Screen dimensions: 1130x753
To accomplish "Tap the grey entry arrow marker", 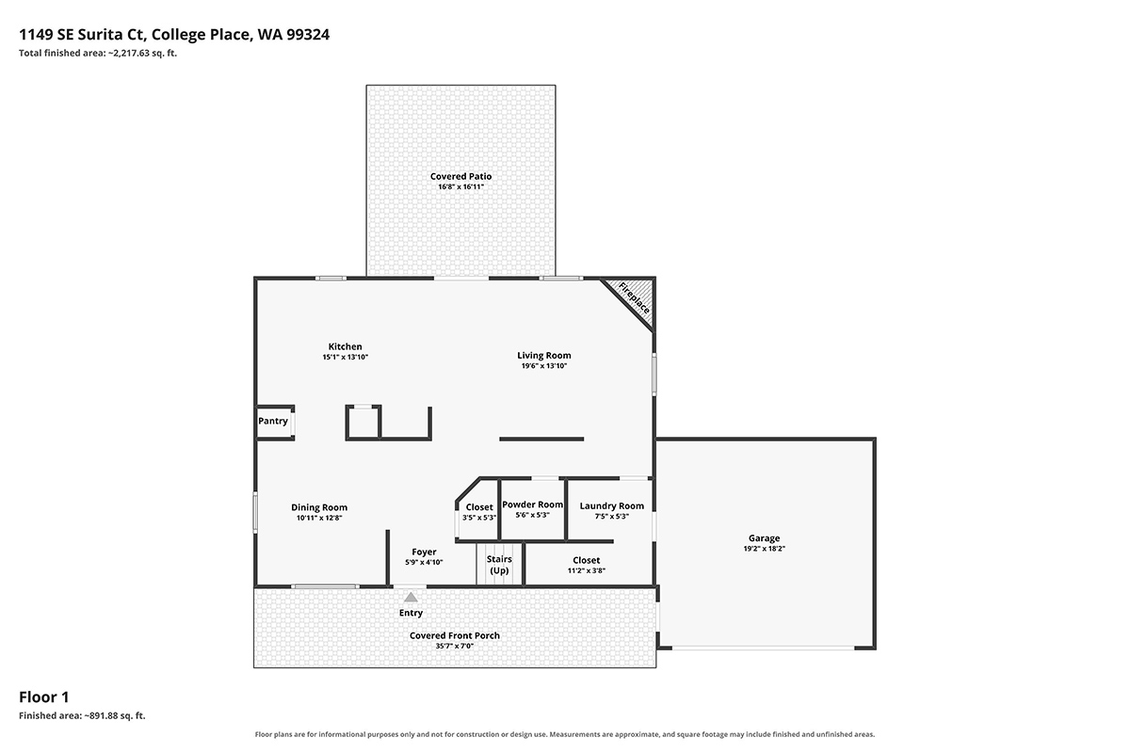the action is [412, 597].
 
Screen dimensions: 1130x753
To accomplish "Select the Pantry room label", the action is [273, 421].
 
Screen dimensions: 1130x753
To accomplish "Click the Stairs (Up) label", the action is [499, 565].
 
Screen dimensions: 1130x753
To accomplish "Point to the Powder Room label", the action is [533, 505].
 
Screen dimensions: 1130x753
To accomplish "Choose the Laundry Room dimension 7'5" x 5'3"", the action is [612, 516].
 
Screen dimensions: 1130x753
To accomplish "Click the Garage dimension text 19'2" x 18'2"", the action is [765, 548].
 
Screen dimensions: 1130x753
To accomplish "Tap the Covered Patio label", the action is [461, 176].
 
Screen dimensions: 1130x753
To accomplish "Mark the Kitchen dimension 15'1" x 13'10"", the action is [346, 357].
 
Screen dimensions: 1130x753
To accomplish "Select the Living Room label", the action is [544, 356].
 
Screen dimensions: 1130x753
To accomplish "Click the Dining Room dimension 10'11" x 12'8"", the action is [319, 518].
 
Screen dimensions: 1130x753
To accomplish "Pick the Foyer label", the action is [425, 552].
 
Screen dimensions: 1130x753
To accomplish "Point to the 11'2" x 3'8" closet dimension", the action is [587, 570].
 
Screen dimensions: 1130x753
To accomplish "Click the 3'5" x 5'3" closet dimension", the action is [479, 517].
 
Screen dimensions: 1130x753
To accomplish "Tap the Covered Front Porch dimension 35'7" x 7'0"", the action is [455, 646].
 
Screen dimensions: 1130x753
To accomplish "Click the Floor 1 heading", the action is [44, 697].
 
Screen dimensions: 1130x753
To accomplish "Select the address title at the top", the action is [174, 34].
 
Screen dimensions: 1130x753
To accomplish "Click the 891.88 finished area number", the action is [104, 715].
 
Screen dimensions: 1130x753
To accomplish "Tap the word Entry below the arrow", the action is [412, 613].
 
